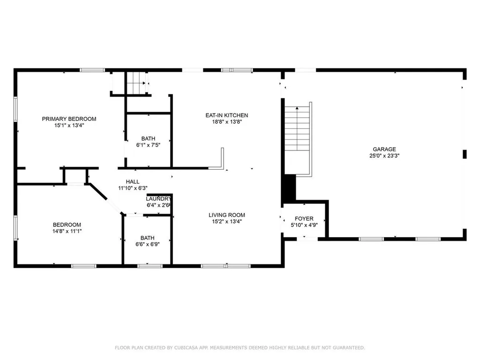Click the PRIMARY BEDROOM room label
(69, 119)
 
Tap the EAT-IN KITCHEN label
(226, 115)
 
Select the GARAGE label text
(384, 150)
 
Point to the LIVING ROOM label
(227, 215)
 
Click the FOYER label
(304, 219)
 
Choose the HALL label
(132, 182)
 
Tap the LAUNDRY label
(155, 199)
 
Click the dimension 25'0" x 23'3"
(384, 156)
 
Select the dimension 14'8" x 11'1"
(67, 231)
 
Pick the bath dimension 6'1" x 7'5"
(148, 145)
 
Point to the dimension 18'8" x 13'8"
(226, 122)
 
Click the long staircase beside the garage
(298, 136)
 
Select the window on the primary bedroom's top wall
(91, 70)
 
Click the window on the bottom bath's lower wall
(150, 266)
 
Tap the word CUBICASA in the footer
(171, 347)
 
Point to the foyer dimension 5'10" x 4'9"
(304, 225)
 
